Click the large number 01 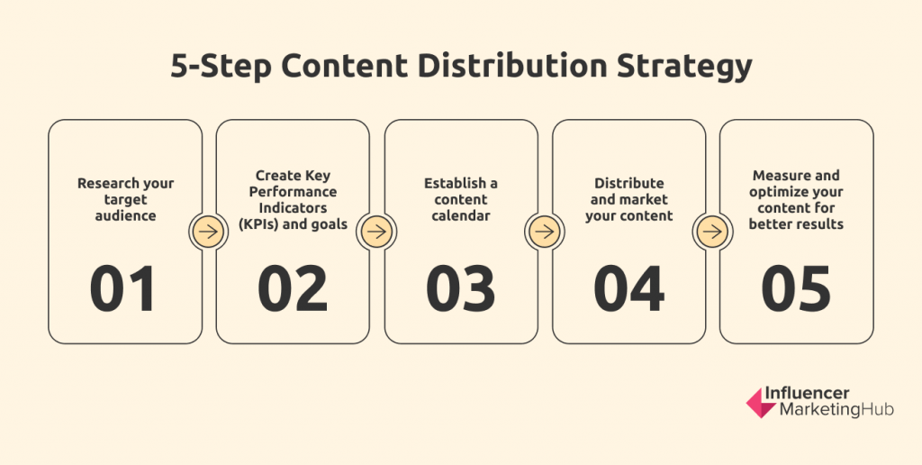122,288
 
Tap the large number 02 293,288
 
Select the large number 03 460,288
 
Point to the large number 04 628,288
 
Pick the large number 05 796,288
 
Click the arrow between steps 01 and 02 209,232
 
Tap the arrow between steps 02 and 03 377,232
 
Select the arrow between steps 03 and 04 545,232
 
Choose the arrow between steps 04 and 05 712,232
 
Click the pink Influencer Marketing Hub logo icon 761,403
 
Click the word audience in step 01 125,215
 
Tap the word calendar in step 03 461,215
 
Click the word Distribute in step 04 628,183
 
